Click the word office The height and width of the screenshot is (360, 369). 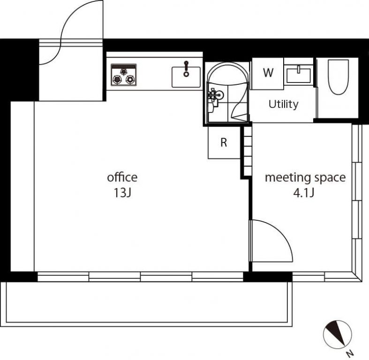(122, 177)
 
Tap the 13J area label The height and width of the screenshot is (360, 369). (122, 193)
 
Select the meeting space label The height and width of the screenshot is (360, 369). (305, 178)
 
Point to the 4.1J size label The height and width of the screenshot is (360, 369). (303, 193)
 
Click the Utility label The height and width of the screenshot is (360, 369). (284, 104)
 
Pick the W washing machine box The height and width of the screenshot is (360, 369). (268, 74)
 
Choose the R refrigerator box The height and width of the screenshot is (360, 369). (224, 142)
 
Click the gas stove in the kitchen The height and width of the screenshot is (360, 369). (124, 75)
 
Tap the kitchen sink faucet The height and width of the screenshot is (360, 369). (187, 69)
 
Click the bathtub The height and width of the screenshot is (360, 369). (339, 77)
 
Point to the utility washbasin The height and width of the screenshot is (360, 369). (299, 75)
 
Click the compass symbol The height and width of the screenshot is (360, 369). (337, 334)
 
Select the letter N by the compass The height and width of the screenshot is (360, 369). (350, 353)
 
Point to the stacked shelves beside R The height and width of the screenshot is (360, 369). (248, 150)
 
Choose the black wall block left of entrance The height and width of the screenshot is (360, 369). (20, 70)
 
